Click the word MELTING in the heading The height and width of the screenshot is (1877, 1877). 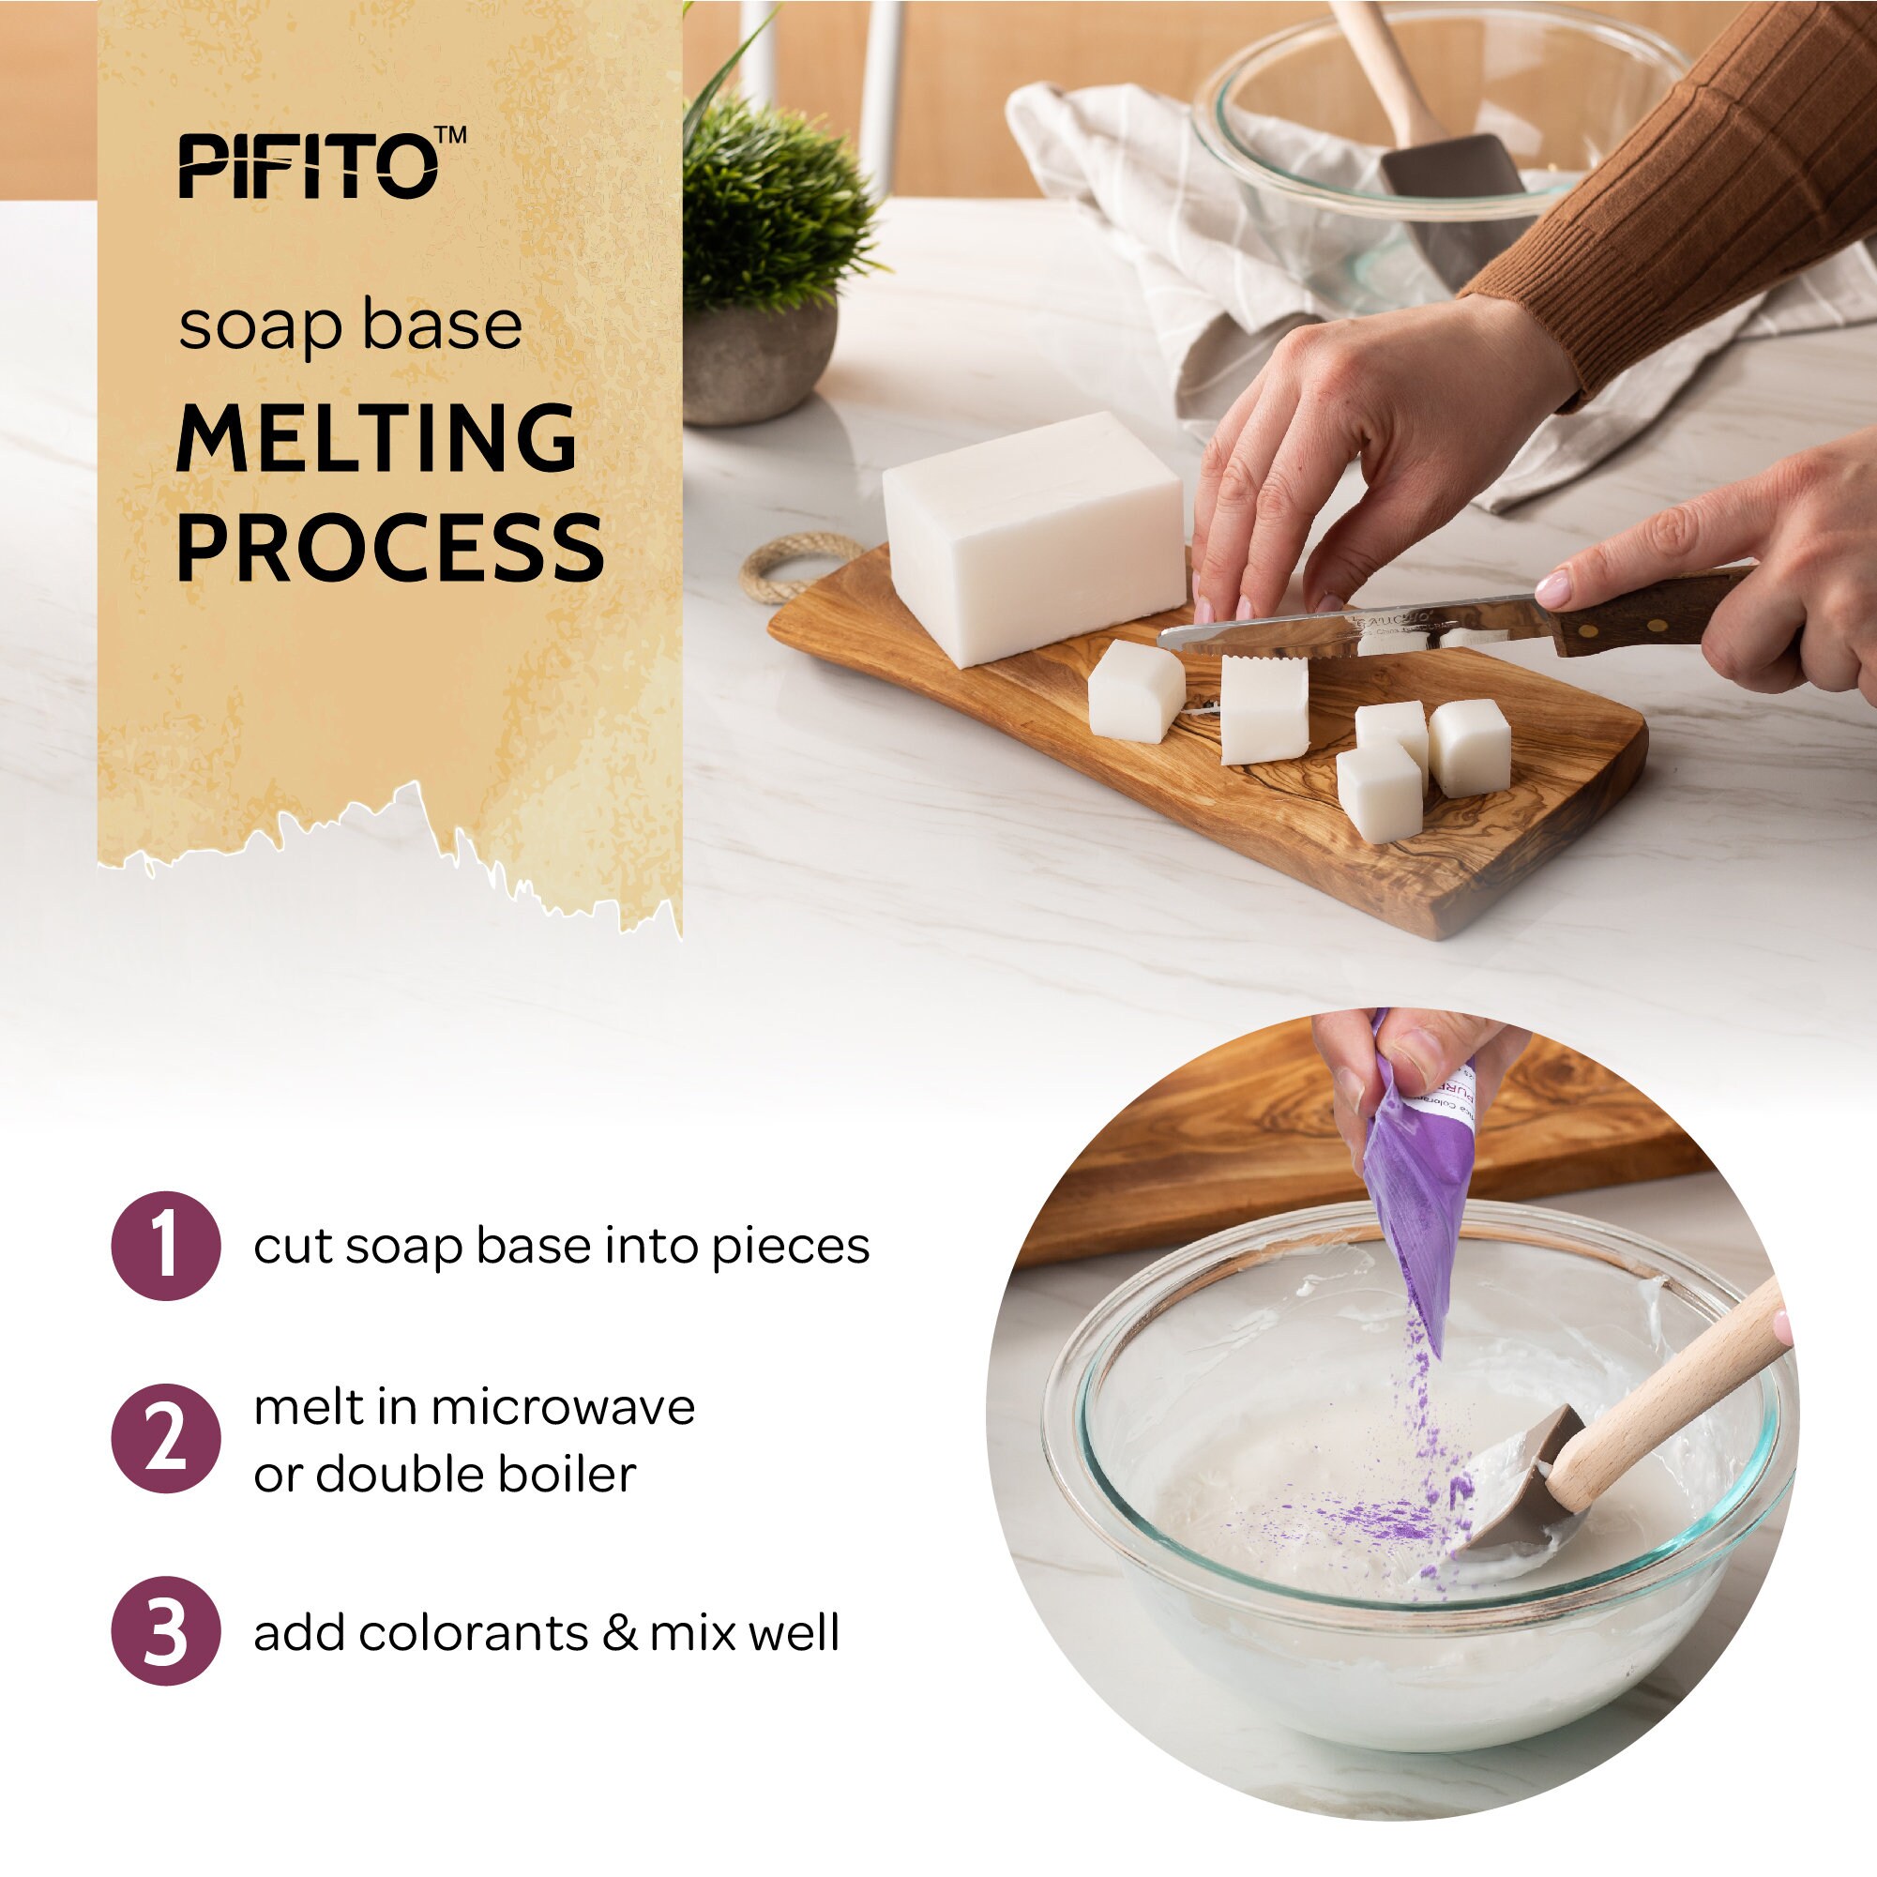(377, 439)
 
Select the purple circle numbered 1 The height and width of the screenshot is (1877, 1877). (166, 1246)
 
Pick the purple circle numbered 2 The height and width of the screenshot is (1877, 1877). (166, 1439)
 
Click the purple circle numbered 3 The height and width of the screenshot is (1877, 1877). (166, 1631)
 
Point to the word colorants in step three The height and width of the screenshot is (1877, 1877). (473, 1633)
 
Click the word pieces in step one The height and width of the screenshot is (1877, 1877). (790, 1248)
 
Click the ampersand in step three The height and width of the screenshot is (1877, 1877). (619, 1633)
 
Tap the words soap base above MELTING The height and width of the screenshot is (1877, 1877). (350, 326)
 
